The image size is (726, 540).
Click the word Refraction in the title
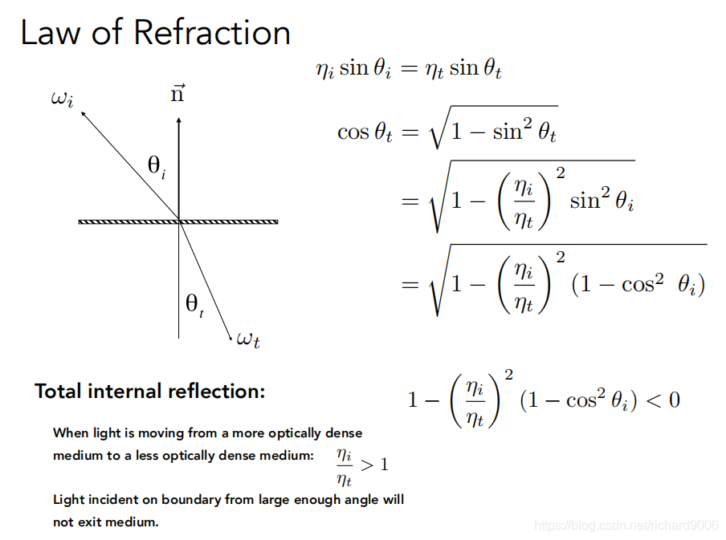212,33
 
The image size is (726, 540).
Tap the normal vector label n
178,95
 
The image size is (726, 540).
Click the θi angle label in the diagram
157,167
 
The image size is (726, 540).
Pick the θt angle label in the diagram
194,304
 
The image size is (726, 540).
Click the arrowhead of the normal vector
178,121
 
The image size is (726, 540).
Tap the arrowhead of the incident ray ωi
82,114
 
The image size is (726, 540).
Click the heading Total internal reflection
149,392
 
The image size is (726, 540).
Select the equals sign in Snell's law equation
410,69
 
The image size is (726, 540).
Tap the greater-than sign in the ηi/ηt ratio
366,465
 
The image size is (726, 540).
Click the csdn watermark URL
626,525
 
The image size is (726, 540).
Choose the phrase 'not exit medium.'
106,522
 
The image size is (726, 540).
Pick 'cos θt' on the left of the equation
365,132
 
